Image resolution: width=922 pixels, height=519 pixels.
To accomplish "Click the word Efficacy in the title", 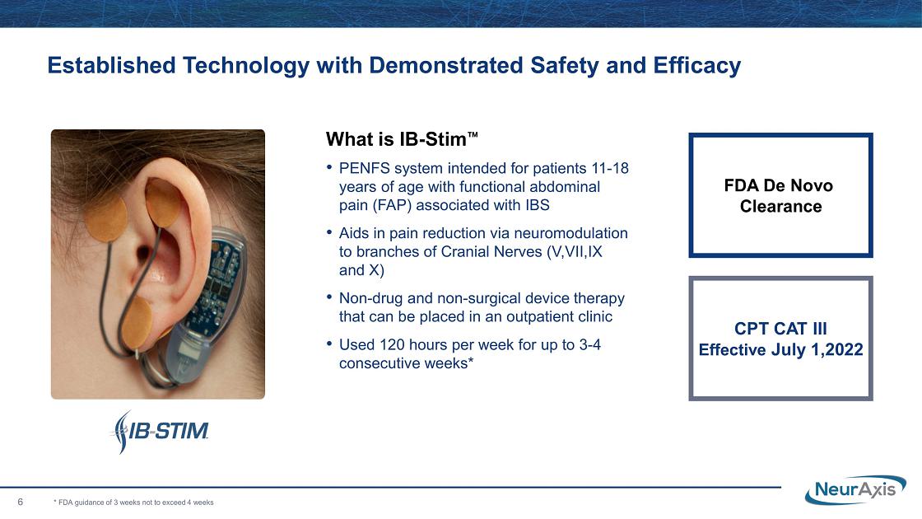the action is click(x=696, y=65).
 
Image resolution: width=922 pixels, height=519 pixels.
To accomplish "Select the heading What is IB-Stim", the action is click(x=402, y=139).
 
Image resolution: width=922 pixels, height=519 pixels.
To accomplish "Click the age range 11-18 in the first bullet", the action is click(x=610, y=168).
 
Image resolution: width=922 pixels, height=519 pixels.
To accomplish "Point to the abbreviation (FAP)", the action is click(x=392, y=205).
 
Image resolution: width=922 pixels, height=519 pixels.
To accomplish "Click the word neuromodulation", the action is click(x=570, y=233).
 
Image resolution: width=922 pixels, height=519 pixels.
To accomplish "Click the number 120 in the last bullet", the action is click(x=392, y=345).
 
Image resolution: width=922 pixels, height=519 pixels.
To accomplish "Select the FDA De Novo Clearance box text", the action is click(x=780, y=196).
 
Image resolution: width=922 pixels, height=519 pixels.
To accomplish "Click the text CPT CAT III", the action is click(x=780, y=329).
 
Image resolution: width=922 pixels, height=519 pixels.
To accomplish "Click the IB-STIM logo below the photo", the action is click(x=160, y=432).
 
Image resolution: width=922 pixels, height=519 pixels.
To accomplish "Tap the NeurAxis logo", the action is click(x=855, y=489).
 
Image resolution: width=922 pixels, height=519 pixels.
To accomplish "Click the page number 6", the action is click(x=21, y=502).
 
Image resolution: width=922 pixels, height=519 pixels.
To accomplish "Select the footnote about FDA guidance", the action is click(x=133, y=503).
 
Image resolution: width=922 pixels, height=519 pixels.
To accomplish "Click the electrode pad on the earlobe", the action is click(x=137, y=321).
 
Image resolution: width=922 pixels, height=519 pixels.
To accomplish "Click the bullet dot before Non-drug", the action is click(x=329, y=297).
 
